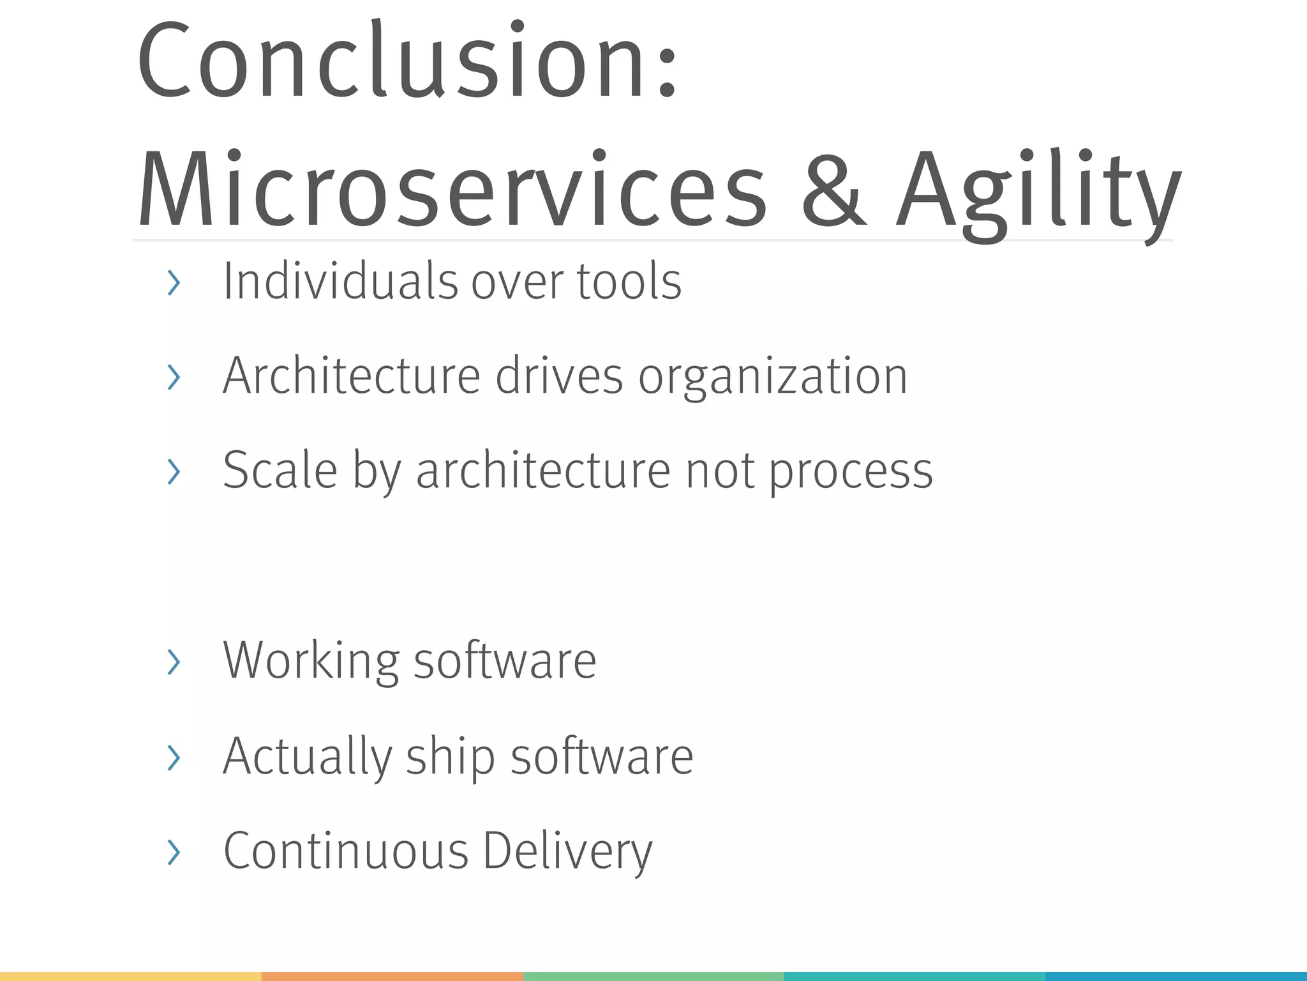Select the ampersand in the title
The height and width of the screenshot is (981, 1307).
(x=833, y=190)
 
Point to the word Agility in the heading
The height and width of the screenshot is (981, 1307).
(x=1037, y=190)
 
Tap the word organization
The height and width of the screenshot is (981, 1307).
(x=772, y=377)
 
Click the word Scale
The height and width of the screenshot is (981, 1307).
(x=280, y=470)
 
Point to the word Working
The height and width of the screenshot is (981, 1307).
(x=311, y=660)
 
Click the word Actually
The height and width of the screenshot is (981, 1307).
(x=307, y=757)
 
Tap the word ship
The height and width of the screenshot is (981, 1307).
(x=450, y=757)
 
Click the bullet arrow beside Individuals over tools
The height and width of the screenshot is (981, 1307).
(x=173, y=283)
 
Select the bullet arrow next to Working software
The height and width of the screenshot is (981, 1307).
(x=173, y=662)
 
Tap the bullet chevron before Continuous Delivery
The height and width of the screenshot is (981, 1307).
(x=173, y=852)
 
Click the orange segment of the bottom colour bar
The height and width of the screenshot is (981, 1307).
(x=392, y=977)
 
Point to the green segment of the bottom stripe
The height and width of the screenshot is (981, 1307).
(x=653, y=977)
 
